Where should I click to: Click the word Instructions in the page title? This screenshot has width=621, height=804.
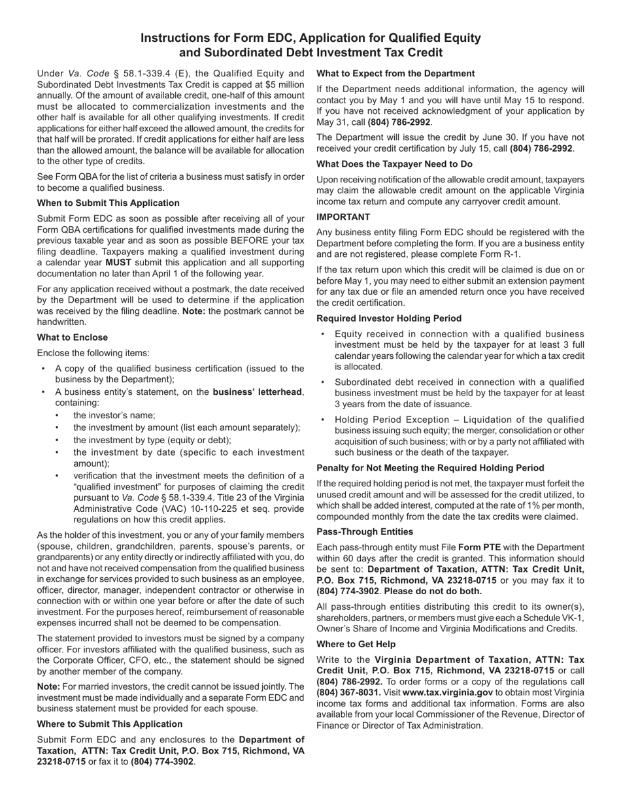(173, 38)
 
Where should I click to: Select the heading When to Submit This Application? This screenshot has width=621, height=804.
(108, 203)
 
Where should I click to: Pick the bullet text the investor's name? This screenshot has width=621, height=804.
(114, 415)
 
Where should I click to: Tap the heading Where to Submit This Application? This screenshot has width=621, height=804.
(110, 724)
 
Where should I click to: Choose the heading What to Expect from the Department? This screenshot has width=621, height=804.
(395, 73)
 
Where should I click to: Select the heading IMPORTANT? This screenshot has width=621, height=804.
(343, 216)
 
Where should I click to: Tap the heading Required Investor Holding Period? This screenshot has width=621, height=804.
(389, 318)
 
